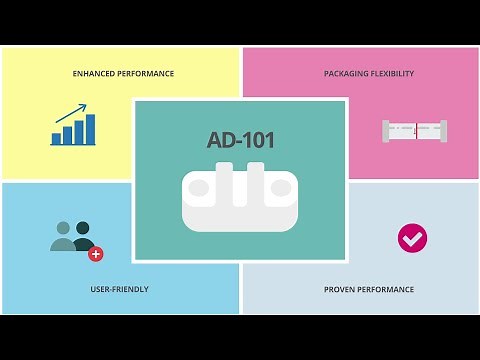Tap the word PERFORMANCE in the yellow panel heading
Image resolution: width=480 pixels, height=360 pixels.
pos(147,74)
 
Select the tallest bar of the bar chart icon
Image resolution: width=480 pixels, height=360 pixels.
pos(91,129)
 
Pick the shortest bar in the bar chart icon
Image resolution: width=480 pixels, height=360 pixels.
pos(57,139)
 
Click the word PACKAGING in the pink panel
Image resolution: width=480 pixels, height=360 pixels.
pos(344,74)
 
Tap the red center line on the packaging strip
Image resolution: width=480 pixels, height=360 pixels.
pos(415,130)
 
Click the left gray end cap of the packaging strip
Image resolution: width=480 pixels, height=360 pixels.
pos(386,130)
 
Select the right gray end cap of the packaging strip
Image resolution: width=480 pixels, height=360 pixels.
pos(443,130)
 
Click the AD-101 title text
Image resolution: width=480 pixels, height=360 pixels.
pos(239,140)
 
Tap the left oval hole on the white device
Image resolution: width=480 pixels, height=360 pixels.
pos(200,187)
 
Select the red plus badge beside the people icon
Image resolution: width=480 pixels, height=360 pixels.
pos(96,254)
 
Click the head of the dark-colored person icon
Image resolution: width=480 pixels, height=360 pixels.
pos(82,228)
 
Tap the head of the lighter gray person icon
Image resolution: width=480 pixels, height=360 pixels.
pos(63,228)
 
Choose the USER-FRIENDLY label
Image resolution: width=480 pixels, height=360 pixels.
pos(119,290)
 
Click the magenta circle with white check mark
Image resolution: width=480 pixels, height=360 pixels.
pos(412,238)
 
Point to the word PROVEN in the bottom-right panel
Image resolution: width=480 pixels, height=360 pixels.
pos(340,290)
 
